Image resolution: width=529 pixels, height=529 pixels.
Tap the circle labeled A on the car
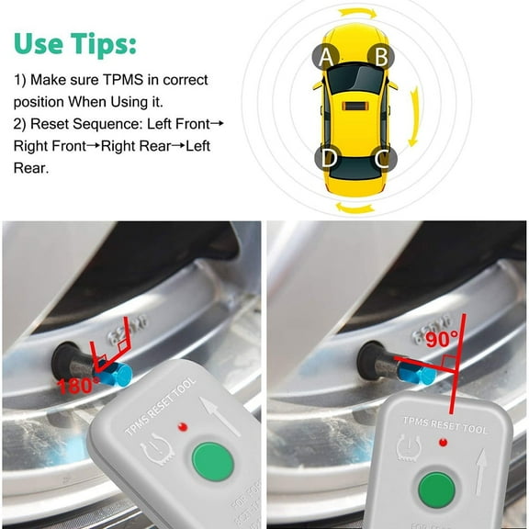click(324, 58)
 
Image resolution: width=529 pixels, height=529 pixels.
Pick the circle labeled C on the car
click(384, 158)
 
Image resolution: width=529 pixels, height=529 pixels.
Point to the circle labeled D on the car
click(328, 158)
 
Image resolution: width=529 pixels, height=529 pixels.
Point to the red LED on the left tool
click(186, 426)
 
